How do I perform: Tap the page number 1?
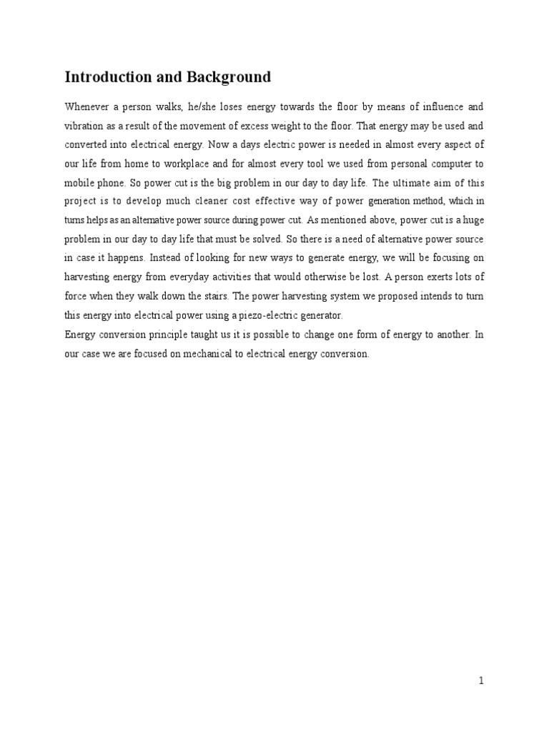click(482, 681)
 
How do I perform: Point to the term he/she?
click(204, 107)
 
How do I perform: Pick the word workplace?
click(182, 162)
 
